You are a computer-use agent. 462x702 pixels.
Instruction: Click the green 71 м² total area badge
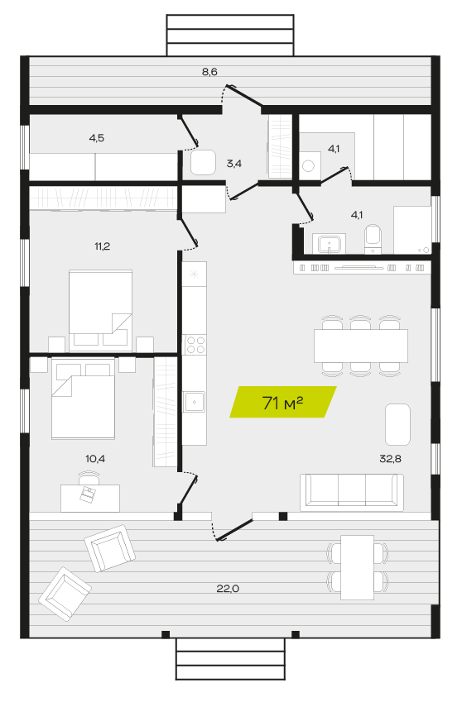click(283, 402)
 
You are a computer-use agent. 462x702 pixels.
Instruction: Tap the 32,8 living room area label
click(390, 458)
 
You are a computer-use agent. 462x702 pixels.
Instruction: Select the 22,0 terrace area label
click(228, 588)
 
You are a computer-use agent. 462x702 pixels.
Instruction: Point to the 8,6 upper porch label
click(209, 71)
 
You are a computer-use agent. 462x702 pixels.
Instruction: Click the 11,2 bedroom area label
click(102, 246)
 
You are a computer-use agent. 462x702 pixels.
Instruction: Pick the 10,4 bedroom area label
click(95, 458)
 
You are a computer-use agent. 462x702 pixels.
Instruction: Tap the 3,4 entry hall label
click(234, 164)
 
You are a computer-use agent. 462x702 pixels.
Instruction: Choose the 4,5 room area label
click(96, 138)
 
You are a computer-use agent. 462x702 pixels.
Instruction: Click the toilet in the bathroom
click(373, 239)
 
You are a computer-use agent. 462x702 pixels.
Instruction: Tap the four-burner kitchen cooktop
click(195, 345)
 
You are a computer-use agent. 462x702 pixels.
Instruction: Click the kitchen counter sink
click(194, 402)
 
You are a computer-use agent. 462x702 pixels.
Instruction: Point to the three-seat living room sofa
click(352, 492)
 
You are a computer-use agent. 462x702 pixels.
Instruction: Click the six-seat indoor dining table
click(361, 346)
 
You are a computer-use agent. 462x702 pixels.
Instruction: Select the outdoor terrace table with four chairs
click(357, 567)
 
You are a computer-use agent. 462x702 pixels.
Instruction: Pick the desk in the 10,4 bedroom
click(90, 498)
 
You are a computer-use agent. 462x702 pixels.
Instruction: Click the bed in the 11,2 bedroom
click(100, 310)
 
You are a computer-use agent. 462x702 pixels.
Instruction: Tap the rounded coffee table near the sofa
click(397, 424)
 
